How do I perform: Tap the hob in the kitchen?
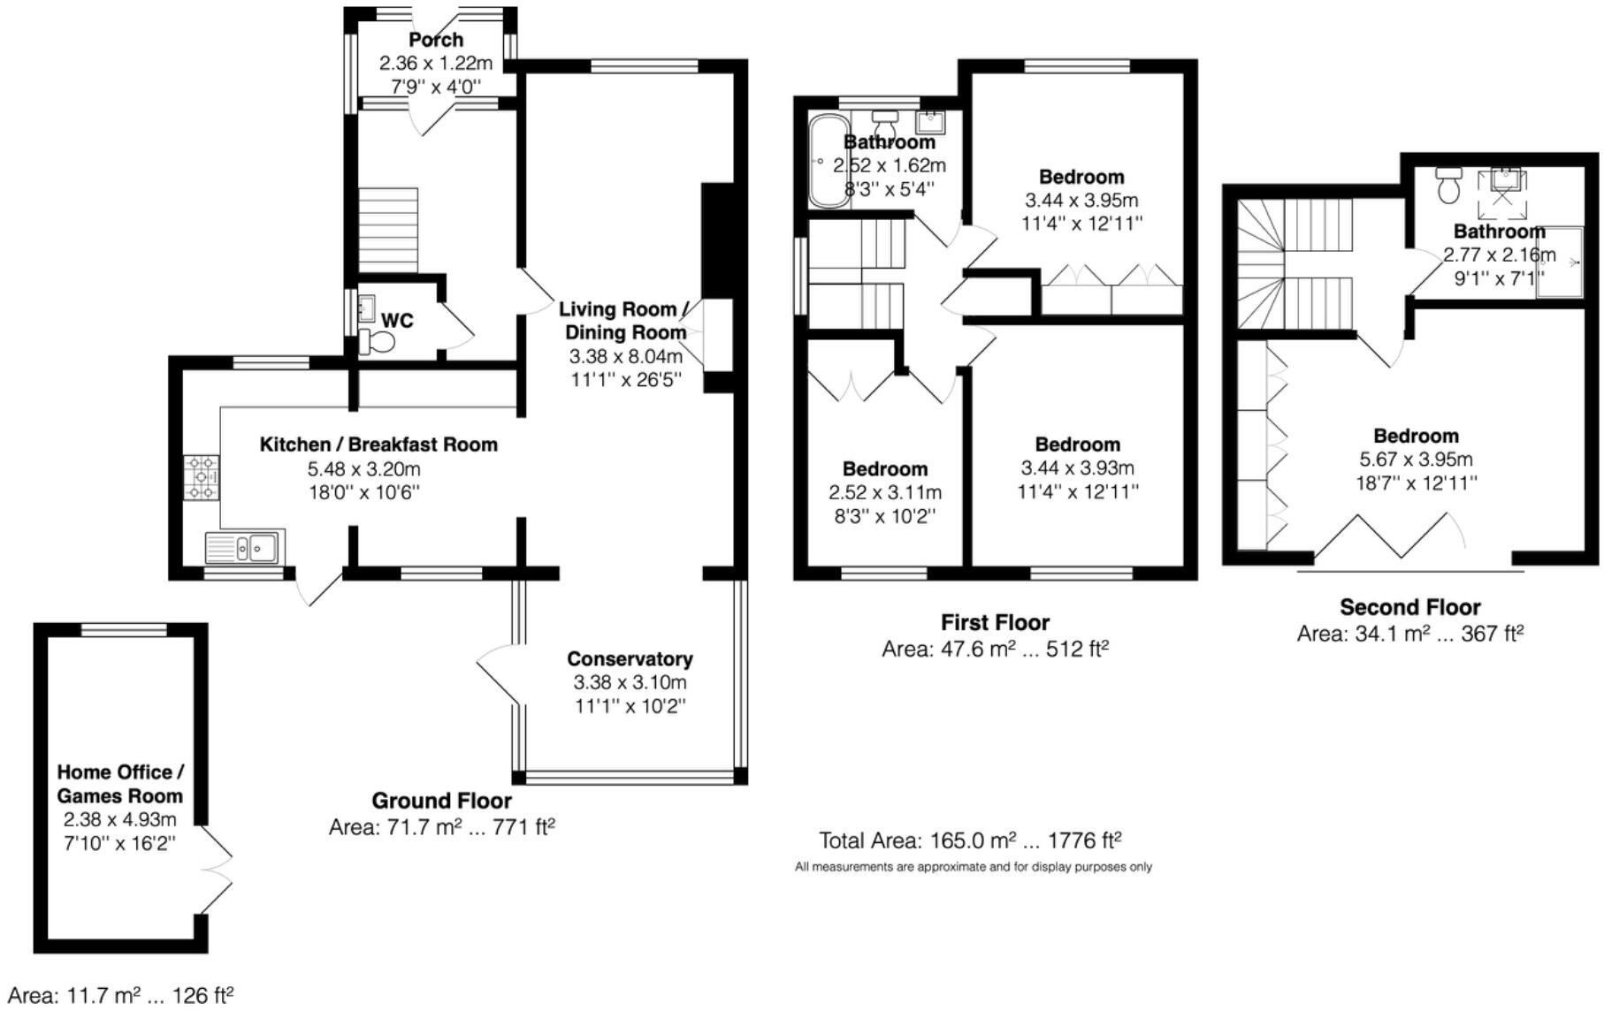click(x=202, y=477)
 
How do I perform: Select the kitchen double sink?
click(x=245, y=548)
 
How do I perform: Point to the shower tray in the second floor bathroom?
click(x=1559, y=262)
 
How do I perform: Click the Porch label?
click(x=435, y=40)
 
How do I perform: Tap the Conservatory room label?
click(x=630, y=659)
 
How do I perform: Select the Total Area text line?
click(x=970, y=840)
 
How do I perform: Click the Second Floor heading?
click(x=1409, y=608)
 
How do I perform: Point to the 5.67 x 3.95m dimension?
click(x=1416, y=460)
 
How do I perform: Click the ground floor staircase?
click(x=387, y=230)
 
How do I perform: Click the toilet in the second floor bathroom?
click(x=1448, y=185)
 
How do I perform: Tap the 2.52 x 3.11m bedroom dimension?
click(x=884, y=493)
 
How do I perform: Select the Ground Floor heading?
click(x=441, y=802)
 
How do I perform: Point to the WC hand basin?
click(x=366, y=310)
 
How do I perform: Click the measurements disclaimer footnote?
click(x=973, y=867)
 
